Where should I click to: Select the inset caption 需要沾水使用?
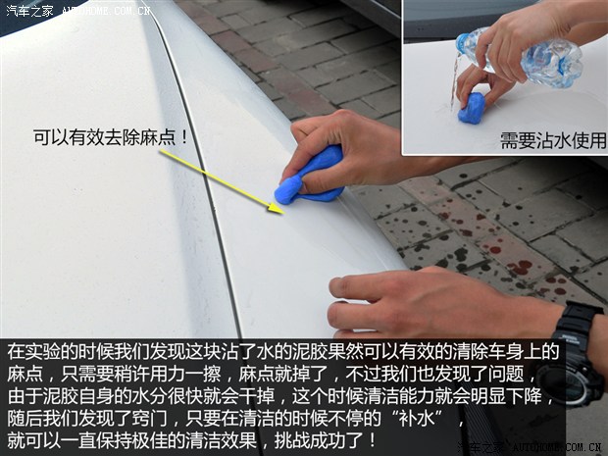tap(553, 140)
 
